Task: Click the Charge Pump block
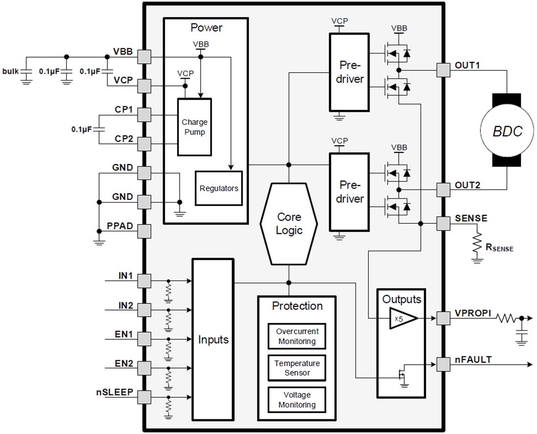tap(194, 127)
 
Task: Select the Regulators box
tap(219, 188)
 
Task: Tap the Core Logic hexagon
tap(289, 224)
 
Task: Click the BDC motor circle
tap(507, 131)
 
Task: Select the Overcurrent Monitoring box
tap(297, 336)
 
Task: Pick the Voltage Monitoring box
tap(297, 399)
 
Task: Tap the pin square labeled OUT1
tap(442, 70)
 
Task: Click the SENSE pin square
tap(442, 224)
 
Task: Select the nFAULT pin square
tap(442, 364)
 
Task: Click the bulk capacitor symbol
tap(26, 73)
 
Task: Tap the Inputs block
tap(213, 339)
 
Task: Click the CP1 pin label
tap(124, 110)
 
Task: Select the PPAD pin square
tap(144, 230)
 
